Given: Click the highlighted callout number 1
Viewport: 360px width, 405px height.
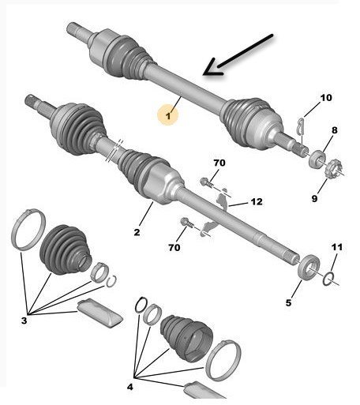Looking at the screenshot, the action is click(168, 115).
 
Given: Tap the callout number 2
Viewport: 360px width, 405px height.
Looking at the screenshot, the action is click(137, 232).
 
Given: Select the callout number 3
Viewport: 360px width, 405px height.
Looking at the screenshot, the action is click(24, 321).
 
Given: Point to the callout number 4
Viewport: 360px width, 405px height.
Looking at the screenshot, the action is click(130, 387).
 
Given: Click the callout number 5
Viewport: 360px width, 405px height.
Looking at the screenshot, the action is click(289, 302).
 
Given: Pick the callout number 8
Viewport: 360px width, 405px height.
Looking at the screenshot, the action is click(334, 130).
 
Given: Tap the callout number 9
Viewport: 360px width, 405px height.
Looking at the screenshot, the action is click(314, 198).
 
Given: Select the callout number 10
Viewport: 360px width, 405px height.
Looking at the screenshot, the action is click(326, 98).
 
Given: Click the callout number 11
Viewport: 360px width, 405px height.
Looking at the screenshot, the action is click(337, 247).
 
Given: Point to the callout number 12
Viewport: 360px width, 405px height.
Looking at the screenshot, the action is click(257, 201).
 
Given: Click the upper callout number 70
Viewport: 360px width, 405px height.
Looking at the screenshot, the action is click(219, 163).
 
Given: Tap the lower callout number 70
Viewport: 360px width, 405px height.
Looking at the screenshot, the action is click(174, 247).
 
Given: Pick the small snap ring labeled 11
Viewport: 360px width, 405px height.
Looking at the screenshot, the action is click(328, 279).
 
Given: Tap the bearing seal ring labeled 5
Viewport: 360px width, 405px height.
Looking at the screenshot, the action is click(309, 268).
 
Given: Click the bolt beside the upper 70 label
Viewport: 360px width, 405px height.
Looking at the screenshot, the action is click(207, 182).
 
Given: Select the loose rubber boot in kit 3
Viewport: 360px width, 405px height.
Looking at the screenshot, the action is click(66, 249).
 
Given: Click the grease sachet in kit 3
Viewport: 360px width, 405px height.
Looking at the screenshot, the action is click(99, 313).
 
